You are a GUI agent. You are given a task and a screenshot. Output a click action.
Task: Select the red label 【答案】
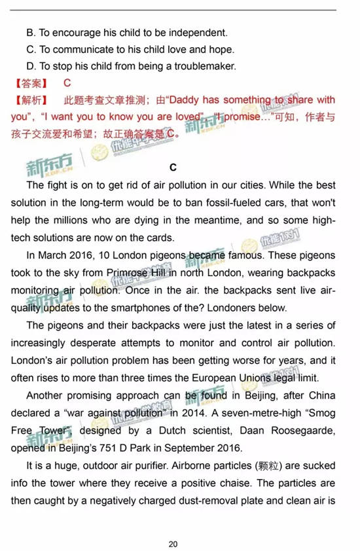(30, 83)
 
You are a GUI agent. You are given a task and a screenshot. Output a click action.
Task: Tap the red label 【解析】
(30, 100)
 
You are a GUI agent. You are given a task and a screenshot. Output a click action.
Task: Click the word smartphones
(164, 306)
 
